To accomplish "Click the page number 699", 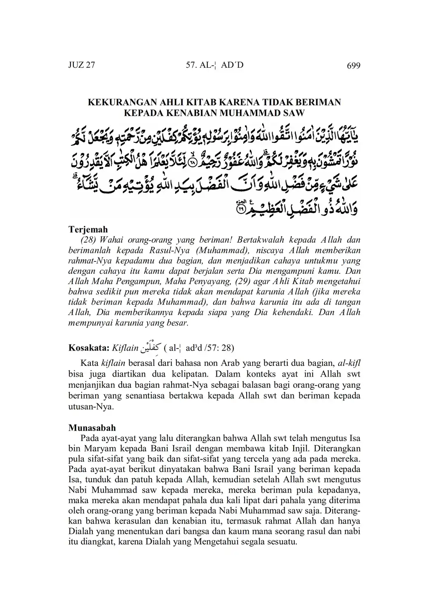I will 353,66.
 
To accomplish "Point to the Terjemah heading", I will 88,230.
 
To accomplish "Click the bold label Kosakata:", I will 89,348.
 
